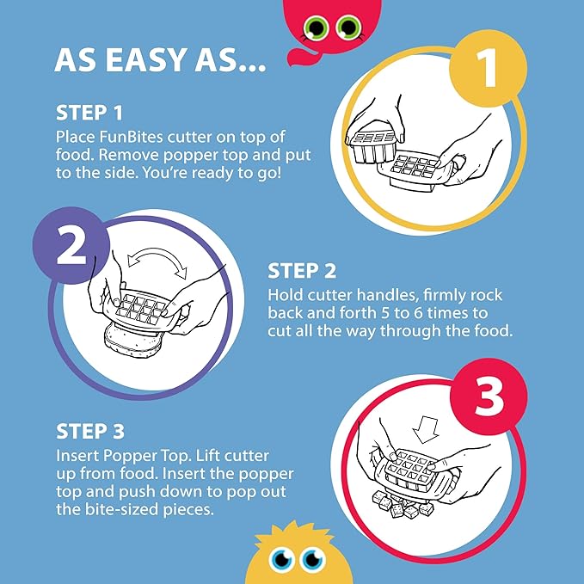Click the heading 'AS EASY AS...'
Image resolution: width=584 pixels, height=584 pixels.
point(161,60)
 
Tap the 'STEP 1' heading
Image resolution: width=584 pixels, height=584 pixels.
point(89,113)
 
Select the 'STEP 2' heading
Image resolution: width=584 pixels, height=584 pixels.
point(302,271)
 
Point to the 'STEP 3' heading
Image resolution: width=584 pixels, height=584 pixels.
point(90,431)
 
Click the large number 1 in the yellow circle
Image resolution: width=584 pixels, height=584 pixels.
point(488,68)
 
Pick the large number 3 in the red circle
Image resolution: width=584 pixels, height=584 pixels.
point(488,396)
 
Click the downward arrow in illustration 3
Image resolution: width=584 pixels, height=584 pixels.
point(426,429)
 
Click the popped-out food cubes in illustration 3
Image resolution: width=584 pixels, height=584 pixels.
point(403,503)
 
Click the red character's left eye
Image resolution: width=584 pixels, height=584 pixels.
point(316,28)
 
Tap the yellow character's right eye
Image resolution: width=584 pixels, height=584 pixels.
point(312,559)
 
